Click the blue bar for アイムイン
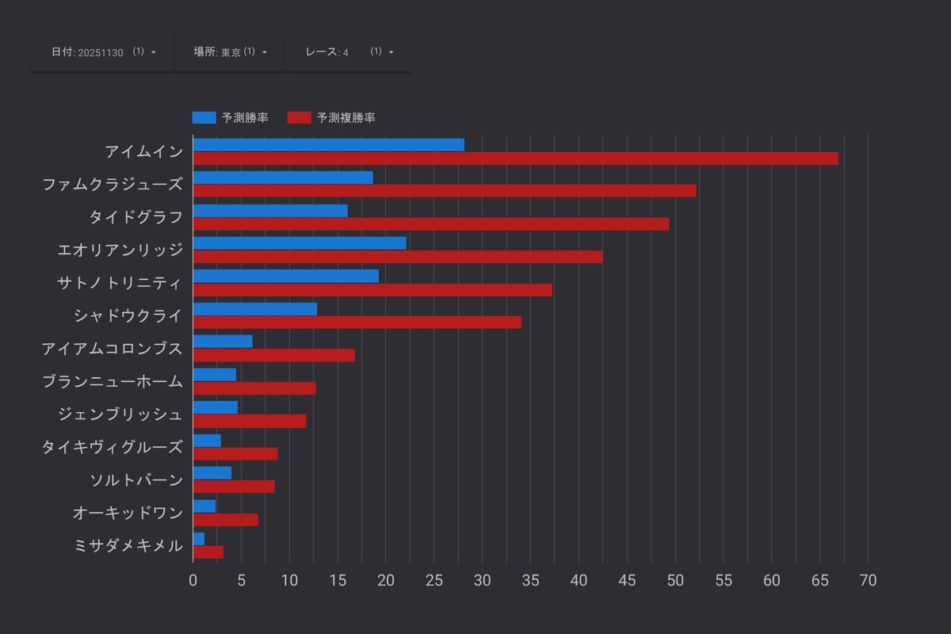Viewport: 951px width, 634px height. click(328, 144)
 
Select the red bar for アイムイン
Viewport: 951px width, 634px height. click(515, 158)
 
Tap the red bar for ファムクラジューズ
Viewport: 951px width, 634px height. click(444, 191)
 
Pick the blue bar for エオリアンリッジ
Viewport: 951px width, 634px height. click(300, 243)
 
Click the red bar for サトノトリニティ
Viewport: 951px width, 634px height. click(372, 290)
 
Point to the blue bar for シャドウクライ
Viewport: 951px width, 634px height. click(254, 308)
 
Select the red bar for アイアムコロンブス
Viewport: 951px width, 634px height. click(273, 355)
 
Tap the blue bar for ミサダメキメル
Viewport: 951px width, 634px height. click(198, 538)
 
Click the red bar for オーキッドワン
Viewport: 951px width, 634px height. click(225, 520)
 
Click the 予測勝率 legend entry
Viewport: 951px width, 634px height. click(230, 117)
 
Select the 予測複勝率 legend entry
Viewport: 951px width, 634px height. click(331, 117)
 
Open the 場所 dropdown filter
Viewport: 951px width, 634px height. click(230, 52)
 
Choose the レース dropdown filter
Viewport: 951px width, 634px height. click(349, 52)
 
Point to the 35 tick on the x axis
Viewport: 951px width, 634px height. click(531, 580)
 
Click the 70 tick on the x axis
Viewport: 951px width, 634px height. click(868, 580)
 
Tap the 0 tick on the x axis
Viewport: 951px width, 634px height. click(193, 580)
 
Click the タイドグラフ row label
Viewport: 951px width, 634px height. click(136, 216)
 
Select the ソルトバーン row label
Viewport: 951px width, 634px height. click(137, 479)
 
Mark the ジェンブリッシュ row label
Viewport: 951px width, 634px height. click(120, 414)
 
